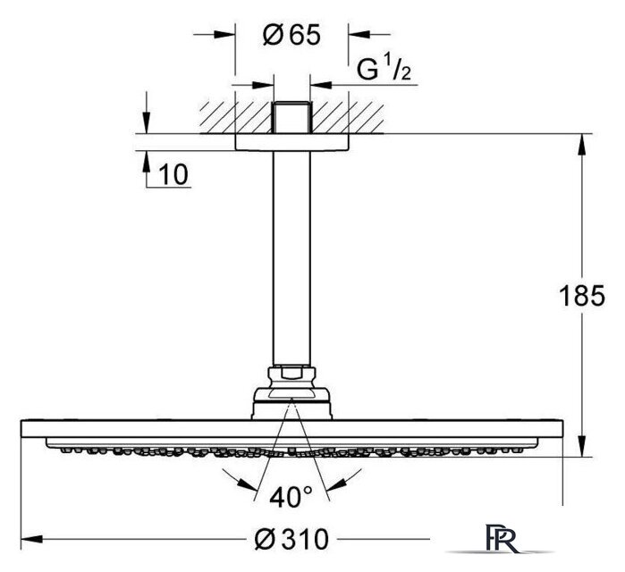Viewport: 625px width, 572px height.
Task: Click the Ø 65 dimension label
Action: pyautogui.click(x=291, y=35)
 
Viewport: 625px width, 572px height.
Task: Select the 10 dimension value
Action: pyautogui.click(x=173, y=174)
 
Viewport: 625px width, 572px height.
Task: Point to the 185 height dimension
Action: pyautogui.click(x=582, y=296)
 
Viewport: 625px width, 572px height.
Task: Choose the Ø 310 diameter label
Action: pyautogui.click(x=291, y=539)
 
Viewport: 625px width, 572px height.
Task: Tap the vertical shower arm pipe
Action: pyautogui.click(x=291, y=258)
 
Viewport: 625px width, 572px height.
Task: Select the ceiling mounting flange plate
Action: pyautogui.click(x=291, y=142)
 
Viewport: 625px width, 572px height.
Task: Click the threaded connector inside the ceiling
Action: pyautogui.click(x=291, y=117)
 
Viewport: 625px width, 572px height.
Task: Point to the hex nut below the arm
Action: pyautogui.click(x=291, y=377)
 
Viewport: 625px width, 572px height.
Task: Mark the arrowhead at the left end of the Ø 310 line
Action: pyautogui.click(x=32, y=539)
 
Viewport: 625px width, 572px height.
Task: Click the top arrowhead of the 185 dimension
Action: pyautogui.click(x=582, y=145)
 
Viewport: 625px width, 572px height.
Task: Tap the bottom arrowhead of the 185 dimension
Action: pyautogui.click(x=582, y=446)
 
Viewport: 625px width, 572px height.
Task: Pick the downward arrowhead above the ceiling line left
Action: pyautogui.click(x=147, y=122)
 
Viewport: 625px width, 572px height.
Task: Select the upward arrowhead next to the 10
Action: pyautogui.click(x=147, y=162)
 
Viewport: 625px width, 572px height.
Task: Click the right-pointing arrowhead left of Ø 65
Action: pyautogui.click(x=224, y=35)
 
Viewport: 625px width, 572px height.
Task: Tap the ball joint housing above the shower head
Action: pyautogui.click(x=291, y=403)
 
